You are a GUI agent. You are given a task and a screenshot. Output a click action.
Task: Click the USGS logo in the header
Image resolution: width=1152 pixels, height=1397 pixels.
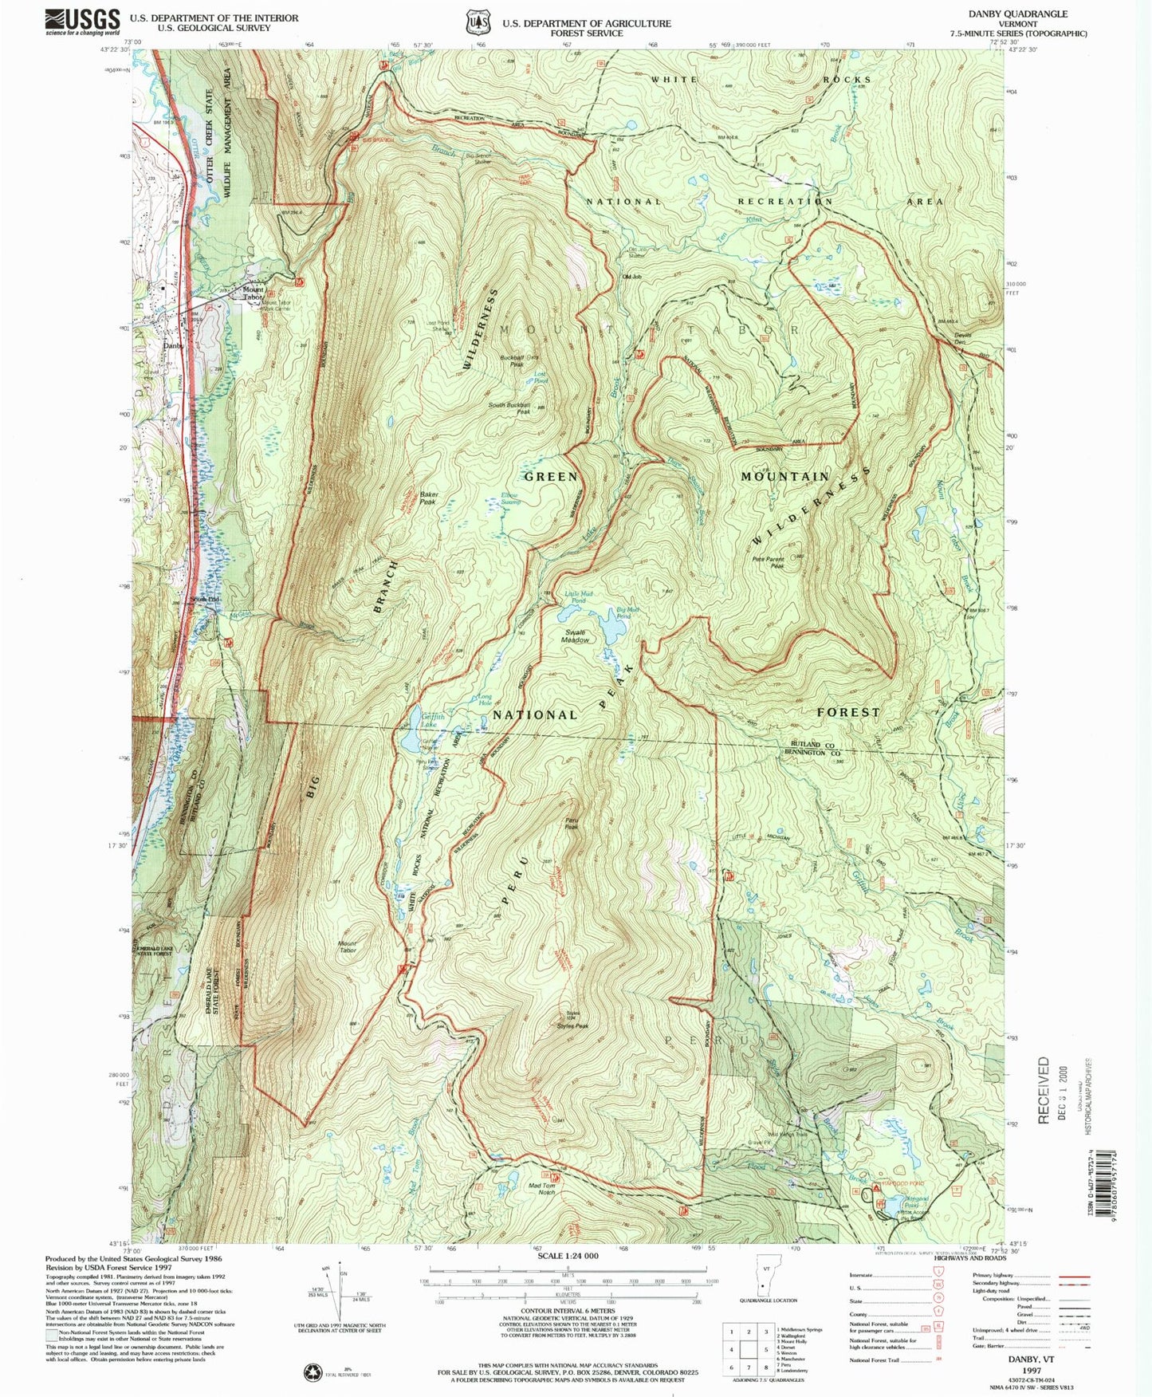[x=82, y=21]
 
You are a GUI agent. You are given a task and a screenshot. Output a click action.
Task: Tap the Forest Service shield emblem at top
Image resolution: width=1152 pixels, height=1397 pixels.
[x=478, y=22]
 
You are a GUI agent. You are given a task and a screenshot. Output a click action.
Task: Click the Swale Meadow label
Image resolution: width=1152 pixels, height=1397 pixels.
[x=575, y=636]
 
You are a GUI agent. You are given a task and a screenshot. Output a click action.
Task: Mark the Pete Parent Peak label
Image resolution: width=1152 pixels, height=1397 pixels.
[x=769, y=562]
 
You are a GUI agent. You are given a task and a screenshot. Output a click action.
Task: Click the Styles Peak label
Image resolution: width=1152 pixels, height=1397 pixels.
[x=572, y=1026]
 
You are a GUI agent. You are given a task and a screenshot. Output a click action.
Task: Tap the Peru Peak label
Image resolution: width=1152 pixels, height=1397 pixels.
[x=571, y=824]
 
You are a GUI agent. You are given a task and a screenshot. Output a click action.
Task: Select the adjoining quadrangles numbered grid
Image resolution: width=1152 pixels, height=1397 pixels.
[x=749, y=1352]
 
